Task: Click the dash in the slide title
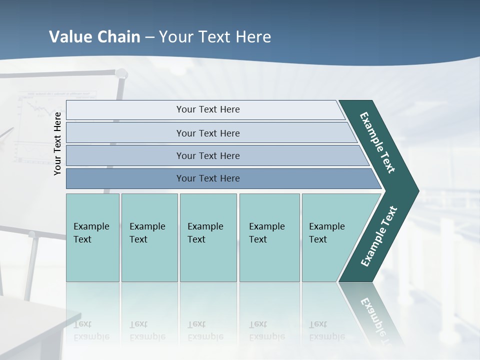tap(149, 37)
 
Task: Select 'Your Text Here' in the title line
tap(215, 37)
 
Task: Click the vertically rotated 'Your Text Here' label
tap(57, 143)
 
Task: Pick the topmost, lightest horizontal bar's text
tap(208, 109)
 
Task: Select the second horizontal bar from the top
tap(208, 133)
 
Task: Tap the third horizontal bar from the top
tap(208, 155)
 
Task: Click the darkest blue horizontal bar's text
tap(208, 178)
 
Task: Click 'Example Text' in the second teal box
tap(147, 233)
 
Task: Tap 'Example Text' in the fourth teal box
tap(266, 233)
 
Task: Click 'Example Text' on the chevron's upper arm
tap(377, 142)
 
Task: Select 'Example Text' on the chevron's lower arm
tap(378, 236)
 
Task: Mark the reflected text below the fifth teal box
tap(326, 330)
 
